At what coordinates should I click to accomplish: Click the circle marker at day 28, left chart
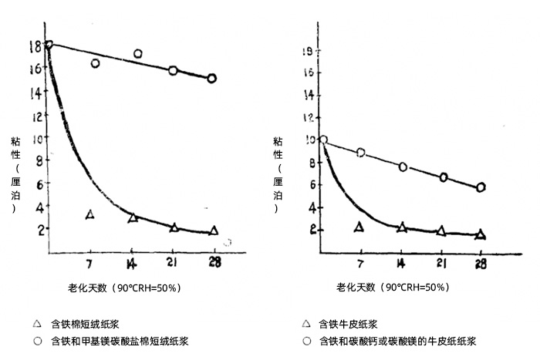click(x=211, y=78)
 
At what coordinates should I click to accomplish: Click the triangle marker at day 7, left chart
click(x=90, y=214)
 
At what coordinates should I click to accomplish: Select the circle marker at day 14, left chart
click(x=138, y=54)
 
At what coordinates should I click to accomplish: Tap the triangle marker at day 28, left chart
click(x=214, y=230)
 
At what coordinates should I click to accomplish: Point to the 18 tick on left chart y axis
click(x=35, y=45)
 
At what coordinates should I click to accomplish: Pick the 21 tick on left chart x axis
click(x=173, y=262)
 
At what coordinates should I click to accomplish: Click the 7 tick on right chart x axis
click(x=361, y=263)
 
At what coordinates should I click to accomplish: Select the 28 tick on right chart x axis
click(x=481, y=263)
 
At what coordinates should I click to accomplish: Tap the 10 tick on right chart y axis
click(x=311, y=140)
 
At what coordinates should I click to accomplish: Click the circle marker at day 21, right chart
click(x=444, y=177)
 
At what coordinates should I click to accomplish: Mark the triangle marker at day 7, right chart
click(x=359, y=226)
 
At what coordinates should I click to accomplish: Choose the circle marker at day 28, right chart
click(x=481, y=187)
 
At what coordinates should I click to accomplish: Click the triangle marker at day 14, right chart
click(x=401, y=227)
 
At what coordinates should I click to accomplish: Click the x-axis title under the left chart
click(x=123, y=288)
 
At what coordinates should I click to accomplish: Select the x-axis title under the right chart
click(x=393, y=288)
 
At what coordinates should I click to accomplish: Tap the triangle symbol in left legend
click(x=36, y=324)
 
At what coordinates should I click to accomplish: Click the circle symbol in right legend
click(x=307, y=340)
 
